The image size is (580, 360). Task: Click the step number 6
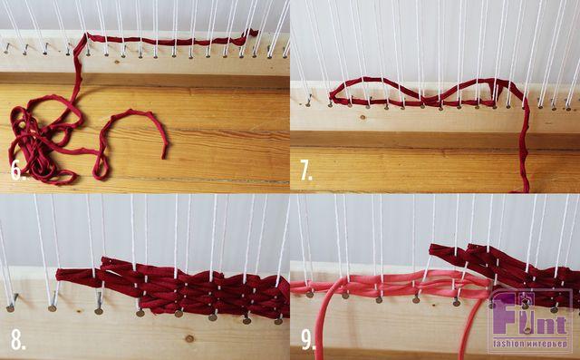pyautogui.click(x=18, y=171)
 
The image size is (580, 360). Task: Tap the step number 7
pyautogui.click(x=306, y=171)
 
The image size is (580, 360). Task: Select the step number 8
pyautogui.click(x=18, y=340)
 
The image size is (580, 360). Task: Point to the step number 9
pyautogui.click(x=308, y=340)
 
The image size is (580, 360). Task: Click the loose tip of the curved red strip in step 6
pyautogui.click(x=164, y=157)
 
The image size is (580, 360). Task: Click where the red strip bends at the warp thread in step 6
pyautogui.click(x=87, y=36)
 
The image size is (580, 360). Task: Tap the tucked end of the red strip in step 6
pyautogui.click(x=254, y=33)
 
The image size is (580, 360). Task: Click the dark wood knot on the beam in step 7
pyautogui.click(x=362, y=118)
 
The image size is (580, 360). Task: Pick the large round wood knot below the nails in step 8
pyautogui.click(x=189, y=338)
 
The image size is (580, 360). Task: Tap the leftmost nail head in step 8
pyautogui.click(x=10, y=308)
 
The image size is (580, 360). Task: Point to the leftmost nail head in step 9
pyautogui.click(x=309, y=295)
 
